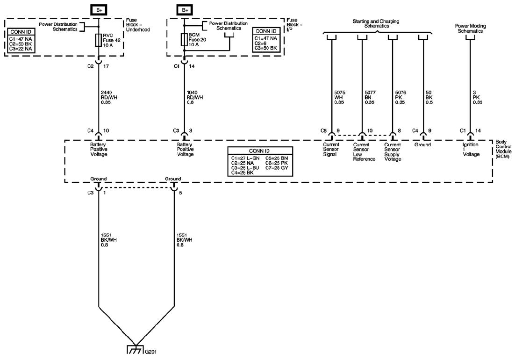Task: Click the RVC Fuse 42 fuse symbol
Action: pos(99,40)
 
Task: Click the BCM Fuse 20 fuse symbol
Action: pos(184,39)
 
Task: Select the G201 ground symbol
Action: pos(136,350)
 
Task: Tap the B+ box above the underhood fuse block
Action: pos(99,10)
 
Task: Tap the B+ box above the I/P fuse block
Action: pos(185,10)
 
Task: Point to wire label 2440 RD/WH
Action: pos(109,98)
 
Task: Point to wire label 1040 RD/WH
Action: pos(195,98)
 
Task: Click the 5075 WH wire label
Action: pos(339,98)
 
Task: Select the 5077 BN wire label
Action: pos(370,98)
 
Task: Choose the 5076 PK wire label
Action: pos(401,98)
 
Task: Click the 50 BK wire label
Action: pos(429,98)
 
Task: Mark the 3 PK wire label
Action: pos(478,98)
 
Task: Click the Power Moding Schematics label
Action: pos(470,28)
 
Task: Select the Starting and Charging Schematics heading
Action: pos(376,23)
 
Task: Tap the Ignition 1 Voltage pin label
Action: pos(471,150)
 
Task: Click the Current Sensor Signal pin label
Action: pos(331,150)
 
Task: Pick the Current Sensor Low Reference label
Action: pos(364,152)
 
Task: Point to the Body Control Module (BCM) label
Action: pos(503,150)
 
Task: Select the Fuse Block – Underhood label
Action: pos(138,25)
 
